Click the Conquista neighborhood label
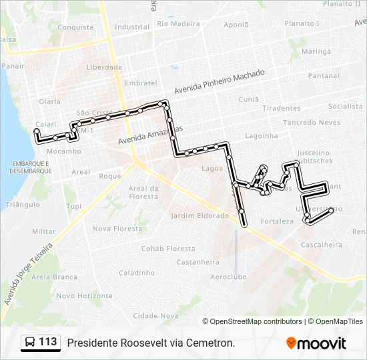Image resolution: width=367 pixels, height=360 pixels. point(75,27)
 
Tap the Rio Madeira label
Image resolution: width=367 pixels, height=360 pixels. point(178,23)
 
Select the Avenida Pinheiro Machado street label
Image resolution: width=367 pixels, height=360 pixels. point(220,81)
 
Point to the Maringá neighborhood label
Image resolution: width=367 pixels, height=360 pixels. point(316,51)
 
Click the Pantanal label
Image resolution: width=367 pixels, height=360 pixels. point(324,76)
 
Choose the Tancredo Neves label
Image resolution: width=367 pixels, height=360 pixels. point(312,123)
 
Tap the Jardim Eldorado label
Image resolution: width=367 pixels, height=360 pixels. point(200,216)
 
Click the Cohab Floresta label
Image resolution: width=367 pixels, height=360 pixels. point(167,249)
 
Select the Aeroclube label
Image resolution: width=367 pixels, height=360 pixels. point(229,277)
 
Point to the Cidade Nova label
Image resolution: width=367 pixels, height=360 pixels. point(155,315)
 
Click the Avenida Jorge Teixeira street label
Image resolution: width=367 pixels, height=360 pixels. point(27,274)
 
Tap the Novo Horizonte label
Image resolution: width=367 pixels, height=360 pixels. point(84,295)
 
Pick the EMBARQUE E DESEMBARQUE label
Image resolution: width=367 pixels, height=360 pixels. point(31,167)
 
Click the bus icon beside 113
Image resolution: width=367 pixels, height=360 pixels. point(31,343)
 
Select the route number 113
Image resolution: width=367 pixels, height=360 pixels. point(48,342)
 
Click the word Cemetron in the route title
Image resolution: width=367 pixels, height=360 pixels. point(211,343)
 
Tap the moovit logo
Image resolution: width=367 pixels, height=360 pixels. point(316,343)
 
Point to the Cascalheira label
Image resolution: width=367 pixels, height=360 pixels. point(322,245)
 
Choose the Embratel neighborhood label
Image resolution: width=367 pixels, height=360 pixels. point(140,83)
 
